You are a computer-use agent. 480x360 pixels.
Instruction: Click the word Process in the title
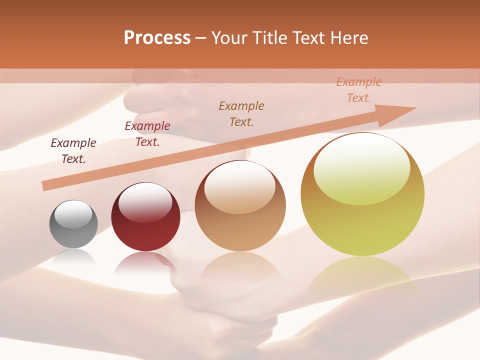157,38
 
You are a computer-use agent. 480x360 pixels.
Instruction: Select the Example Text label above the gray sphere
73,151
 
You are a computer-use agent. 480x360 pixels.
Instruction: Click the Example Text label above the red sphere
147,134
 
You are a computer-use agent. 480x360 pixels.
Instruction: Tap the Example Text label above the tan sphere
241,113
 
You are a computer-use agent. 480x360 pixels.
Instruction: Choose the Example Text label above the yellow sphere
359,90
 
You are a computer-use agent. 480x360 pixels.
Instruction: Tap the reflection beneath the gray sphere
73,257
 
